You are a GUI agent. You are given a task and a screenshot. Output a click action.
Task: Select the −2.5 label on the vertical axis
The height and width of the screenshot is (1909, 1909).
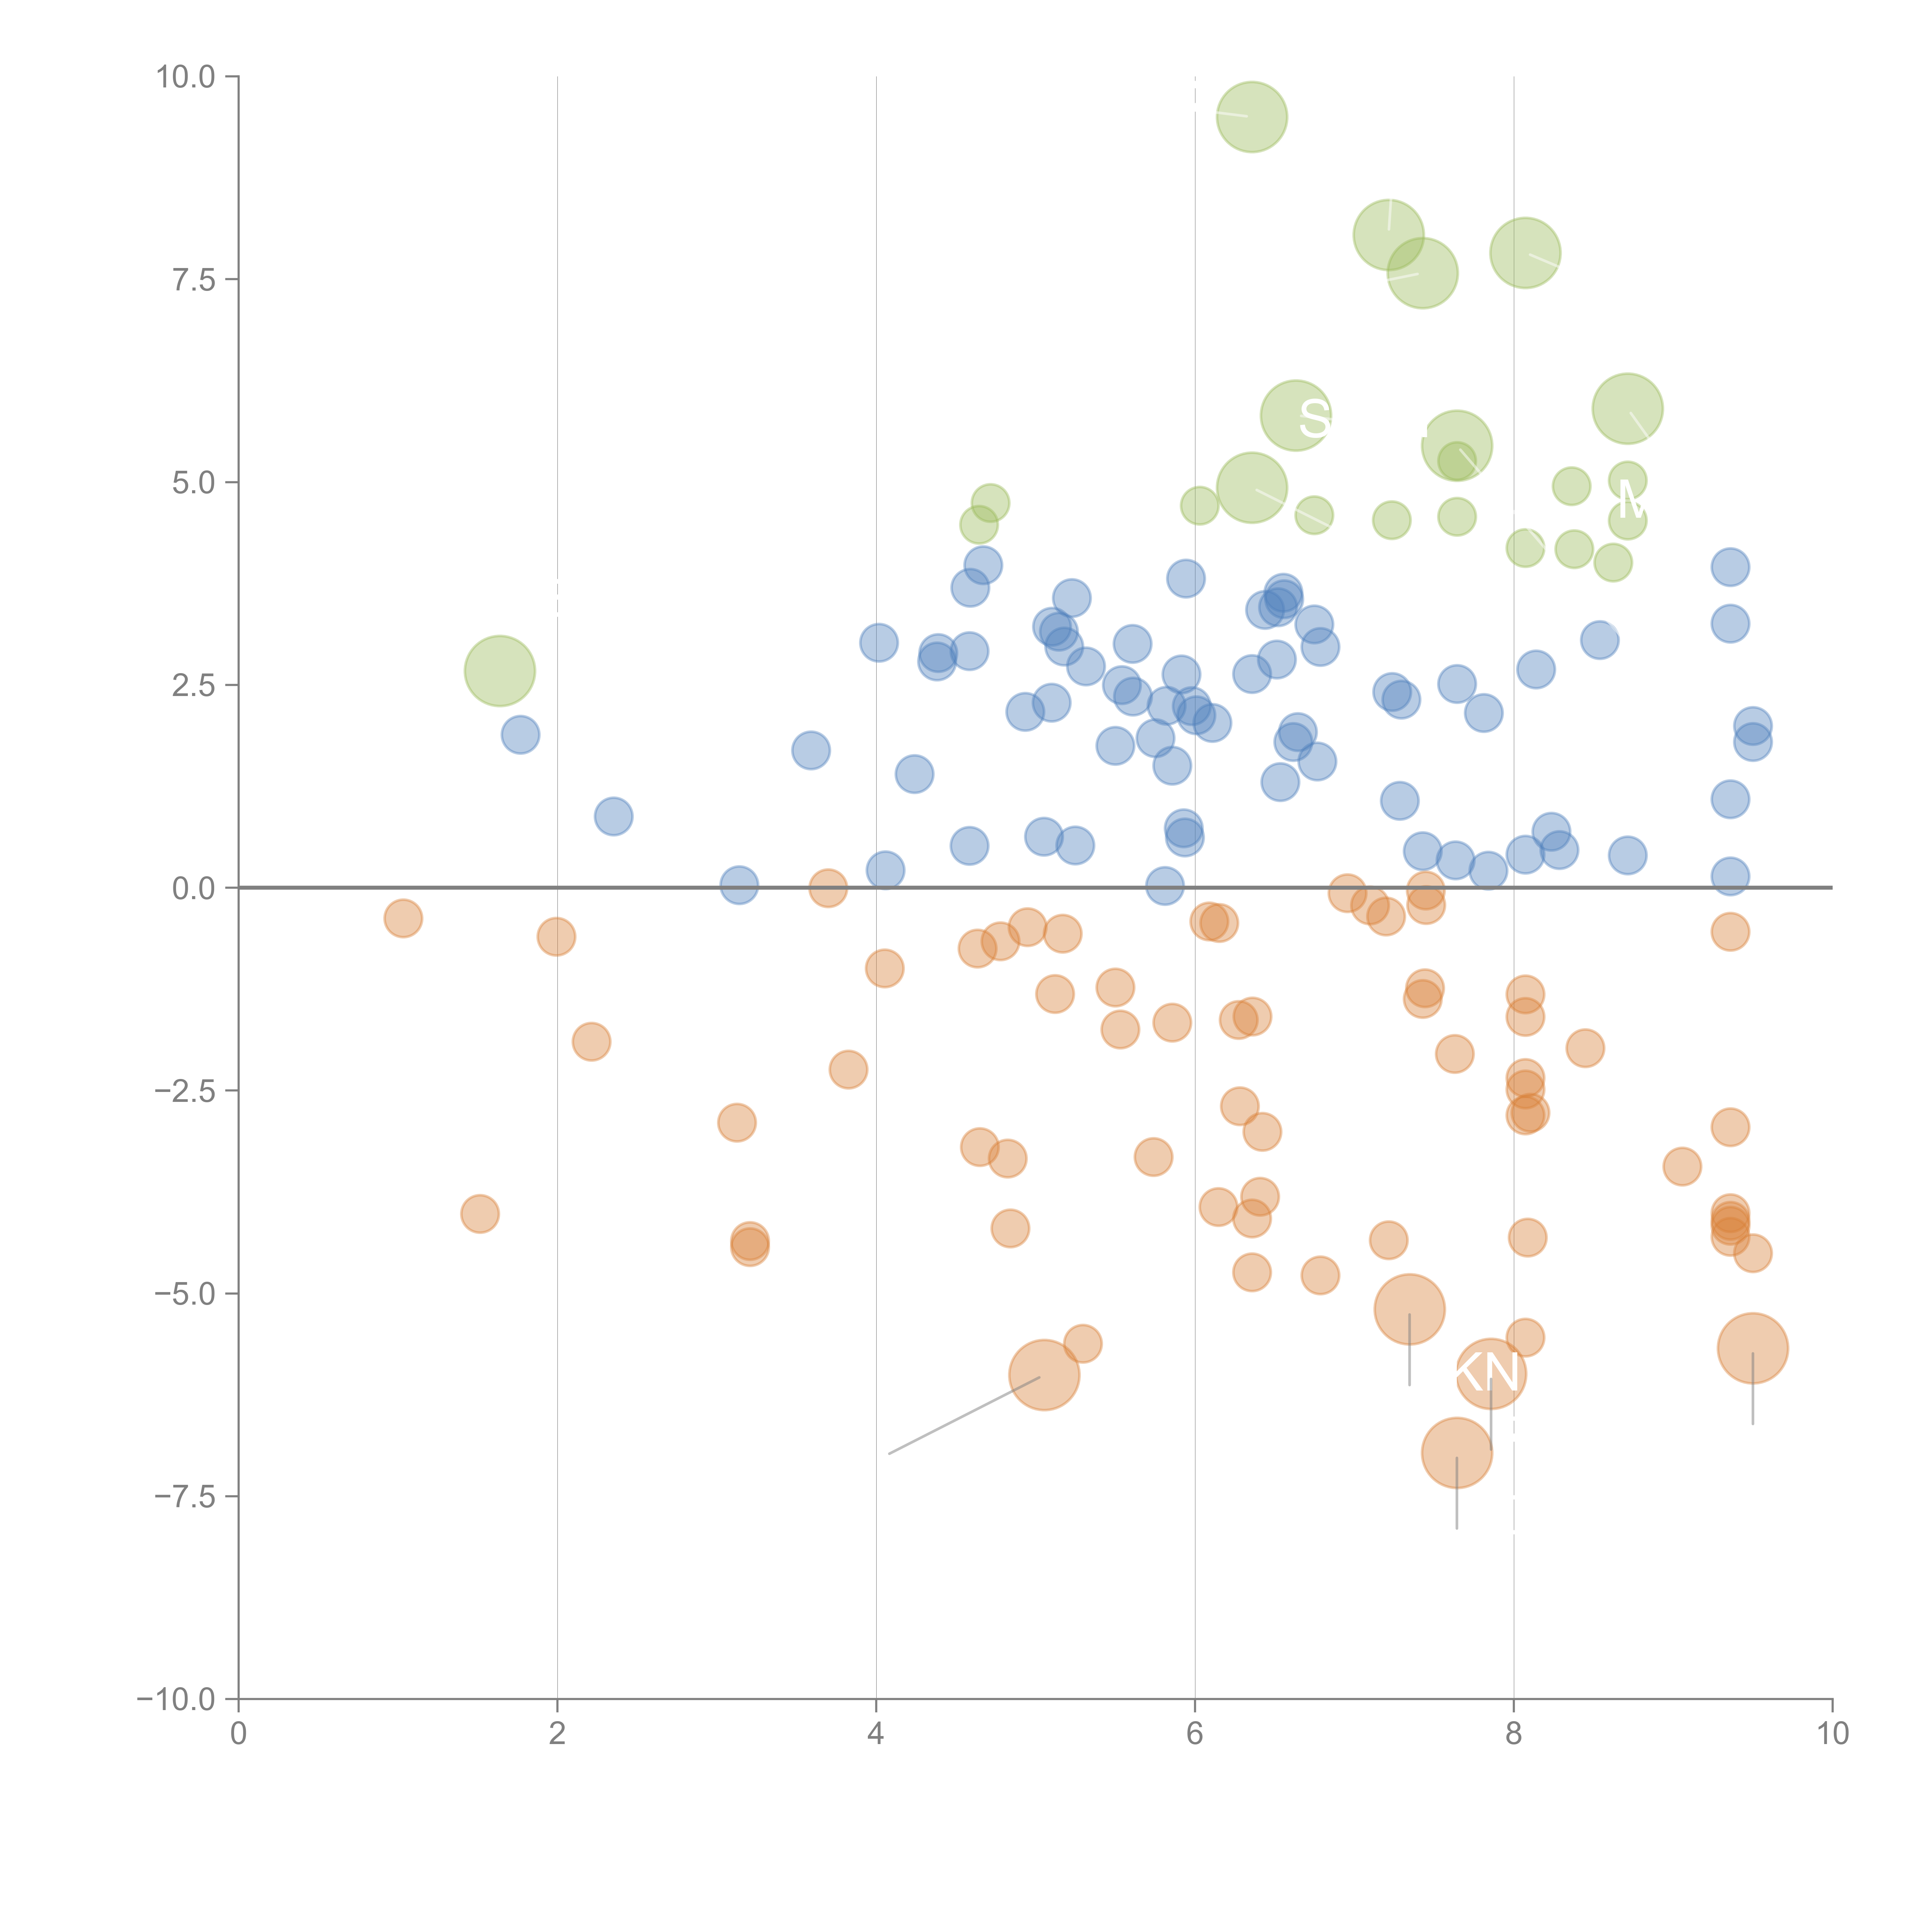(185, 1091)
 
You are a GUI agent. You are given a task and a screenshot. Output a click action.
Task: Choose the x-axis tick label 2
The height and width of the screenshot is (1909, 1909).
(557, 1734)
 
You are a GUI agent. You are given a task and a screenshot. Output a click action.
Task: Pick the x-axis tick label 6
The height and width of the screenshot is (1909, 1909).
(1195, 1734)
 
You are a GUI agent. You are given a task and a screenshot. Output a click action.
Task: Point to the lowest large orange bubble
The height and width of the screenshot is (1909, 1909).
(1457, 1452)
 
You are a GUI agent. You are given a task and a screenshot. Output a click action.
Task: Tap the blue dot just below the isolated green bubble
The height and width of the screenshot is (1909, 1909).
(520, 734)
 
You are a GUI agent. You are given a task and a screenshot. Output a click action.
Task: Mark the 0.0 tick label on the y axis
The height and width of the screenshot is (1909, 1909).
(194, 888)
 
